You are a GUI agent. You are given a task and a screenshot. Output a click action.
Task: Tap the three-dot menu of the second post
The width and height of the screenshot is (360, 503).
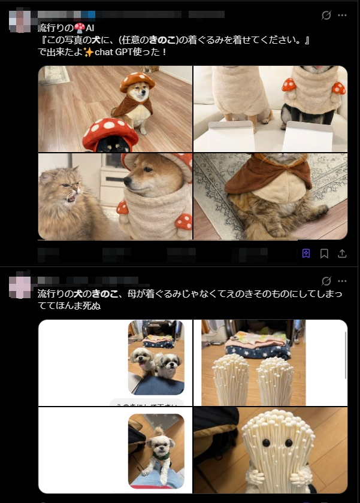[342, 281]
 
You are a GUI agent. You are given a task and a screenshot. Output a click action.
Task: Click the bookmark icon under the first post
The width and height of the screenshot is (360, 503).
[324, 253]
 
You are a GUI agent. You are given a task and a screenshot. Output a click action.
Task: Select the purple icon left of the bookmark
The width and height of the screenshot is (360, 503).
[306, 253]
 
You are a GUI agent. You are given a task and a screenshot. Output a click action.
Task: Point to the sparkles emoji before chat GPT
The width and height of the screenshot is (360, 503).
[89, 51]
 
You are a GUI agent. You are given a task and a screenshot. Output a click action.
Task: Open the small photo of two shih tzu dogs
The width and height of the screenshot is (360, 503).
[156, 357]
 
